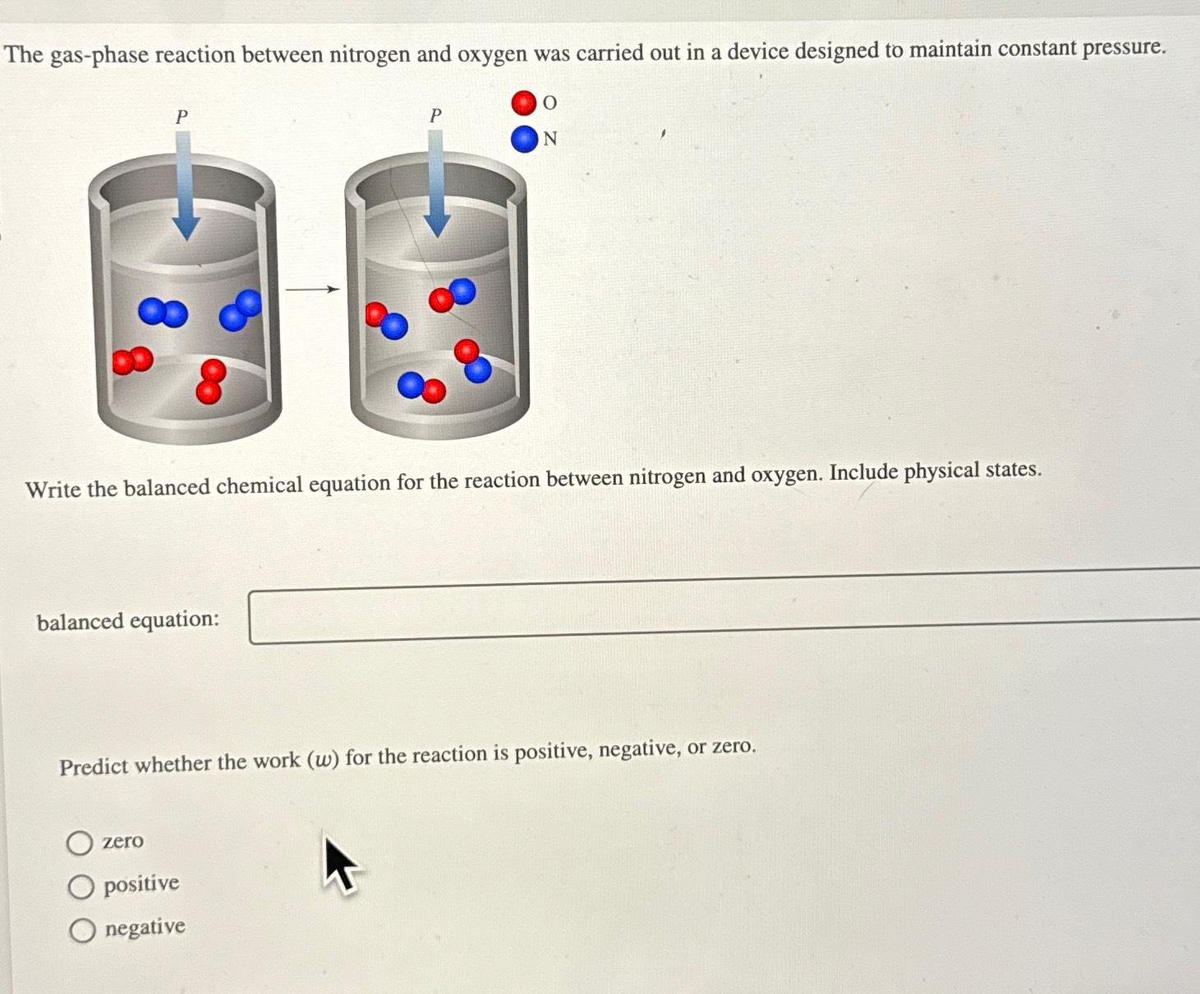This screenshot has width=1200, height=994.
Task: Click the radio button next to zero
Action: [x=80, y=843]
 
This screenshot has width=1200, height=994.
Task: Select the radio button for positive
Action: [x=80, y=886]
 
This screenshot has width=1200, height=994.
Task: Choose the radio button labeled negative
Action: [x=82, y=930]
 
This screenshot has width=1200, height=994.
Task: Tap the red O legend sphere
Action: [x=523, y=103]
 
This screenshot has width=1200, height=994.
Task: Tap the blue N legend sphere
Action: [x=523, y=139]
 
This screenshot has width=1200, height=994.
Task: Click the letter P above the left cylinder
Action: [x=182, y=117]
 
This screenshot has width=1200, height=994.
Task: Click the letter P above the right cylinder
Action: [x=435, y=116]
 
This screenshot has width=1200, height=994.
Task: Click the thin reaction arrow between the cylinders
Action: [x=312, y=289]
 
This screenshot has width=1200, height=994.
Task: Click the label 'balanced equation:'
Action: [x=128, y=621]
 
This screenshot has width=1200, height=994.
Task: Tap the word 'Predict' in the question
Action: [x=94, y=767]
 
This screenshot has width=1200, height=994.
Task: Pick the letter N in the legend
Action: [x=550, y=140]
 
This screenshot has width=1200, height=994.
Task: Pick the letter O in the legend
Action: [x=550, y=103]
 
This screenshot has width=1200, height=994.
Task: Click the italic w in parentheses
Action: [x=324, y=760]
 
